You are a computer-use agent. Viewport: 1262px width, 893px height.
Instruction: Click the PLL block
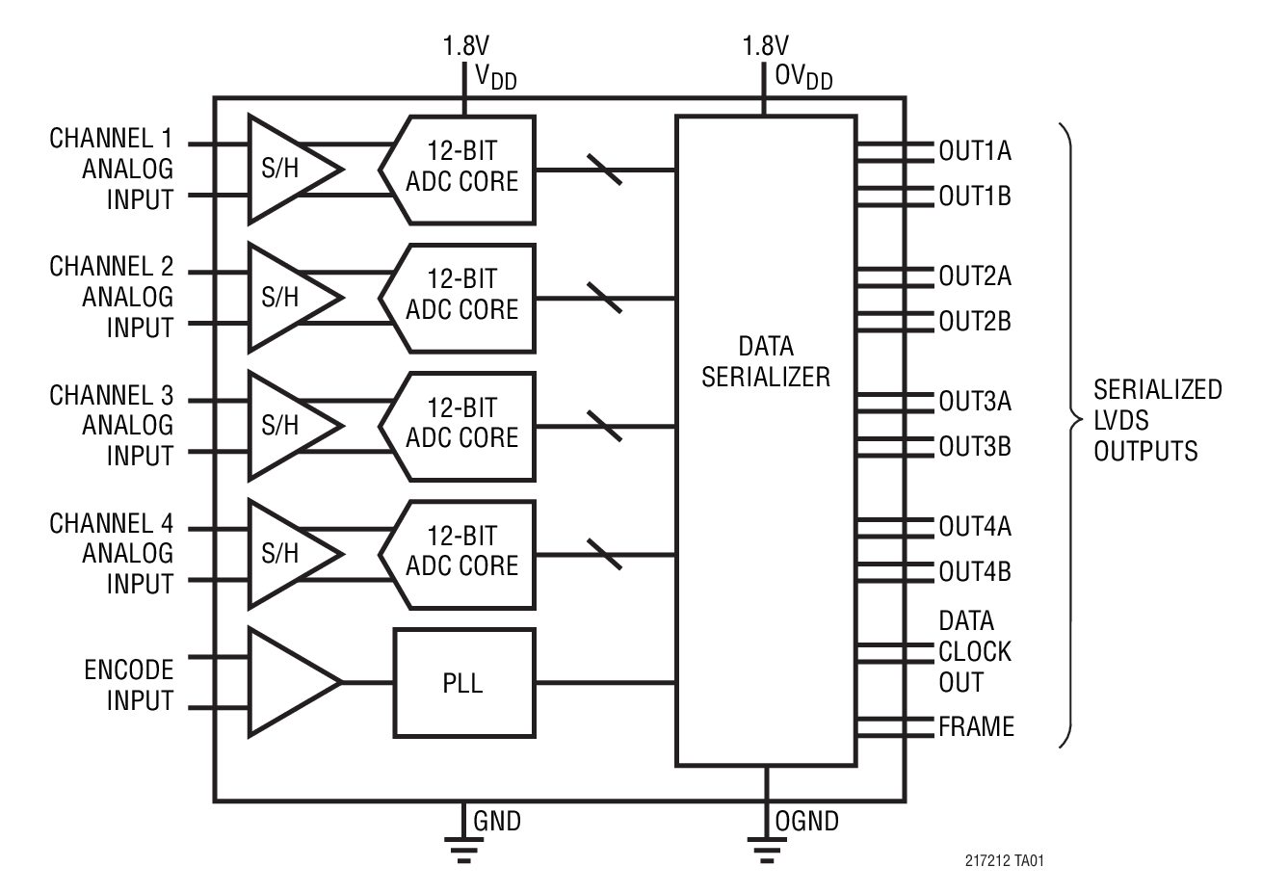463,683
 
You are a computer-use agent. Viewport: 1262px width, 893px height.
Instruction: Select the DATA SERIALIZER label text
765,361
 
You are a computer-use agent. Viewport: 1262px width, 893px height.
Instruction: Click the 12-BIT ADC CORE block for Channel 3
460,425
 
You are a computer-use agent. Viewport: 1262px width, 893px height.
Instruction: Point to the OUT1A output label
974,150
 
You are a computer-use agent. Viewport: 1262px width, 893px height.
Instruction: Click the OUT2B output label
974,321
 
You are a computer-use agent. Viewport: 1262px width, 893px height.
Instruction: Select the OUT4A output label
974,526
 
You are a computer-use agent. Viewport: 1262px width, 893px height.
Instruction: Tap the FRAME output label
976,726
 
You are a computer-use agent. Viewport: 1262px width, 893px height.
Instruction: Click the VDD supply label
495,76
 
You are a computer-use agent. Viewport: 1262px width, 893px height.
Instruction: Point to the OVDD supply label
803,76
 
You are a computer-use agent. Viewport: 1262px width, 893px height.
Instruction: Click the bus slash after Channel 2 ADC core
604,298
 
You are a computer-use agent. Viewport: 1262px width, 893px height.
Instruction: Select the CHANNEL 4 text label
112,524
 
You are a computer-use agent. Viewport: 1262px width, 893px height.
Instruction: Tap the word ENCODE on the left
129,670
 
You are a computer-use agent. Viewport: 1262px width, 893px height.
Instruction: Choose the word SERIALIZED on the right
1157,389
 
